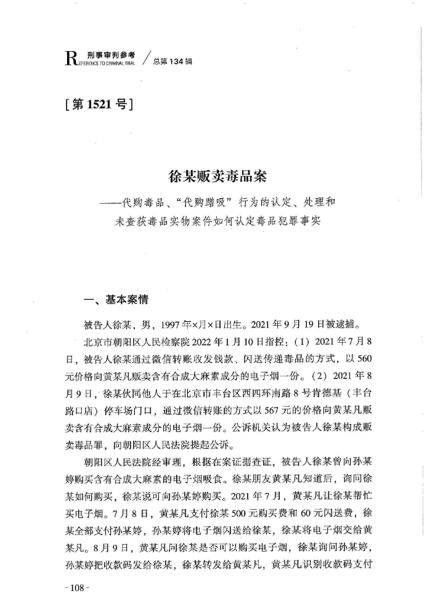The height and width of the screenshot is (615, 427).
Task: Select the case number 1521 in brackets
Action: click(x=98, y=105)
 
